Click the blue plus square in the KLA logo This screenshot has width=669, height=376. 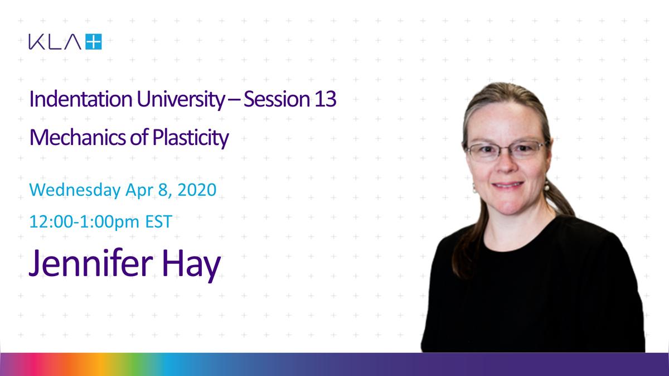tap(94, 41)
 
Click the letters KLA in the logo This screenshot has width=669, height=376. tap(55, 42)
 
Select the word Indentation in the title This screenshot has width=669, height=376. tap(81, 99)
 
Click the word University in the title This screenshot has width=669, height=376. tap(181, 100)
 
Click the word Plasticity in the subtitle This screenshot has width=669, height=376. tap(191, 138)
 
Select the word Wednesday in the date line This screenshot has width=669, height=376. tap(75, 190)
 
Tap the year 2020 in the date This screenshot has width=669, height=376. tap(197, 190)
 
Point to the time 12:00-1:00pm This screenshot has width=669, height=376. tap(84, 222)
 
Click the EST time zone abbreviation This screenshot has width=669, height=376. tap(158, 221)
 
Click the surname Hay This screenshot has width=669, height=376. tap(191, 266)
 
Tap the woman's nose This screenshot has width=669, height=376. tap(506, 165)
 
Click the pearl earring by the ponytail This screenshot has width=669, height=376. tap(546, 187)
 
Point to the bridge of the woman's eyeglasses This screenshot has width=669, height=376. tap(507, 147)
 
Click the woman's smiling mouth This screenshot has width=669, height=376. tap(508, 185)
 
